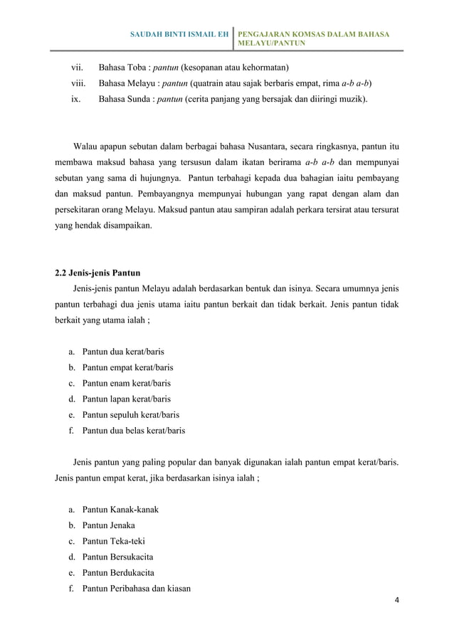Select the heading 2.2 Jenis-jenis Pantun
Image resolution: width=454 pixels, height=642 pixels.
coord(97,273)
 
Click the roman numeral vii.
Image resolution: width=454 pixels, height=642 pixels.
coord(75,68)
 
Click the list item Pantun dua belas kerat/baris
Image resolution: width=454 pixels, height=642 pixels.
coord(134,430)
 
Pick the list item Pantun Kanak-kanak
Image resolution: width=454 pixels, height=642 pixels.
coord(121,511)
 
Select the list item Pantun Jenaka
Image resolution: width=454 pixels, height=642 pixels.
coord(109,526)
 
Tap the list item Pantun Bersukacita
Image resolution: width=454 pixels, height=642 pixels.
coord(118,557)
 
